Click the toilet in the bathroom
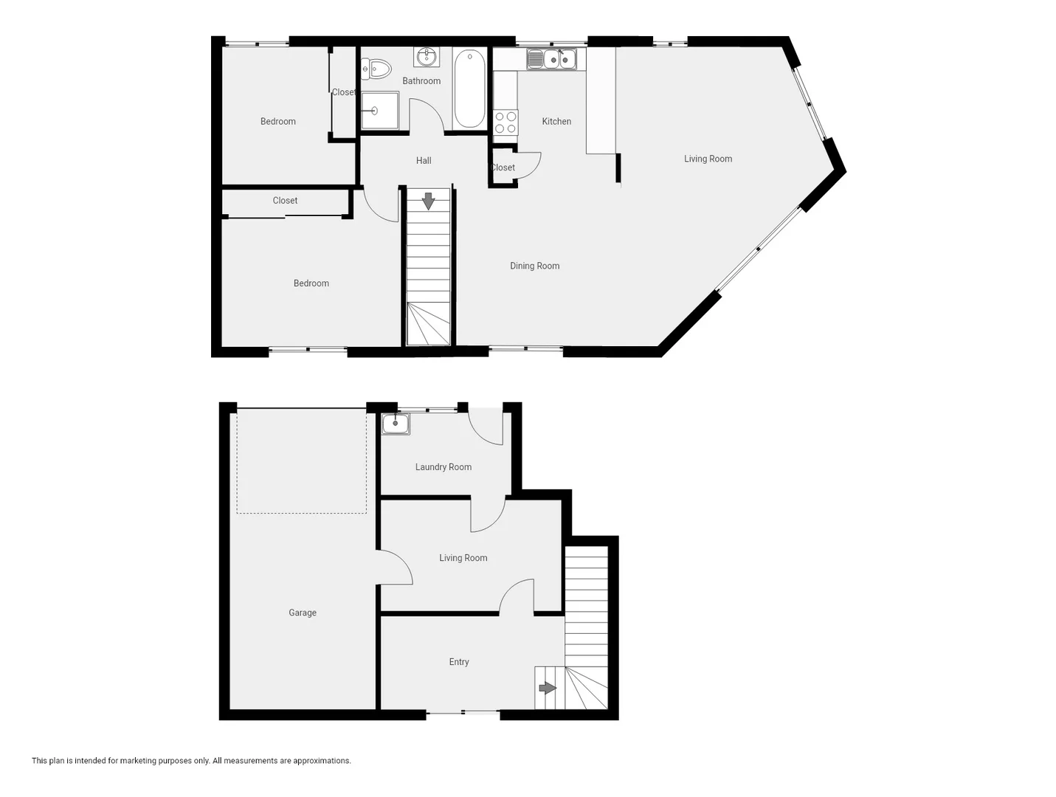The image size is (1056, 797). [x=379, y=69]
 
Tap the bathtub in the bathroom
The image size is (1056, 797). [x=469, y=88]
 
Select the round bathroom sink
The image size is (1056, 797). [x=427, y=56]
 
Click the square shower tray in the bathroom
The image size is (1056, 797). [x=379, y=111]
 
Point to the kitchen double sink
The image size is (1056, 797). [x=551, y=58]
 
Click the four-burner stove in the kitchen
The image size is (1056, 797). [x=505, y=123]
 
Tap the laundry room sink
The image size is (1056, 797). [x=396, y=424]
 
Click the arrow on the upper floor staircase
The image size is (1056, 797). [x=428, y=201]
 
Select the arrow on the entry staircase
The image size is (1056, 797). [x=547, y=688]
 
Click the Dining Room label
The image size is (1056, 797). [x=534, y=266]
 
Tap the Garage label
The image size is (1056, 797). [x=302, y=613]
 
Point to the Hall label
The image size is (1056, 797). [x=424, y=160]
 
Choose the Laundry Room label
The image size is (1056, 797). [x=443, y=466]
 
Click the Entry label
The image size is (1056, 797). [x=458, y=662]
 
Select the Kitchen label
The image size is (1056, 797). [x=556, y=121]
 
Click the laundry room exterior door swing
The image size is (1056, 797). [x=486, y=427]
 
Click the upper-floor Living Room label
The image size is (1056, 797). [x=708, y=159]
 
